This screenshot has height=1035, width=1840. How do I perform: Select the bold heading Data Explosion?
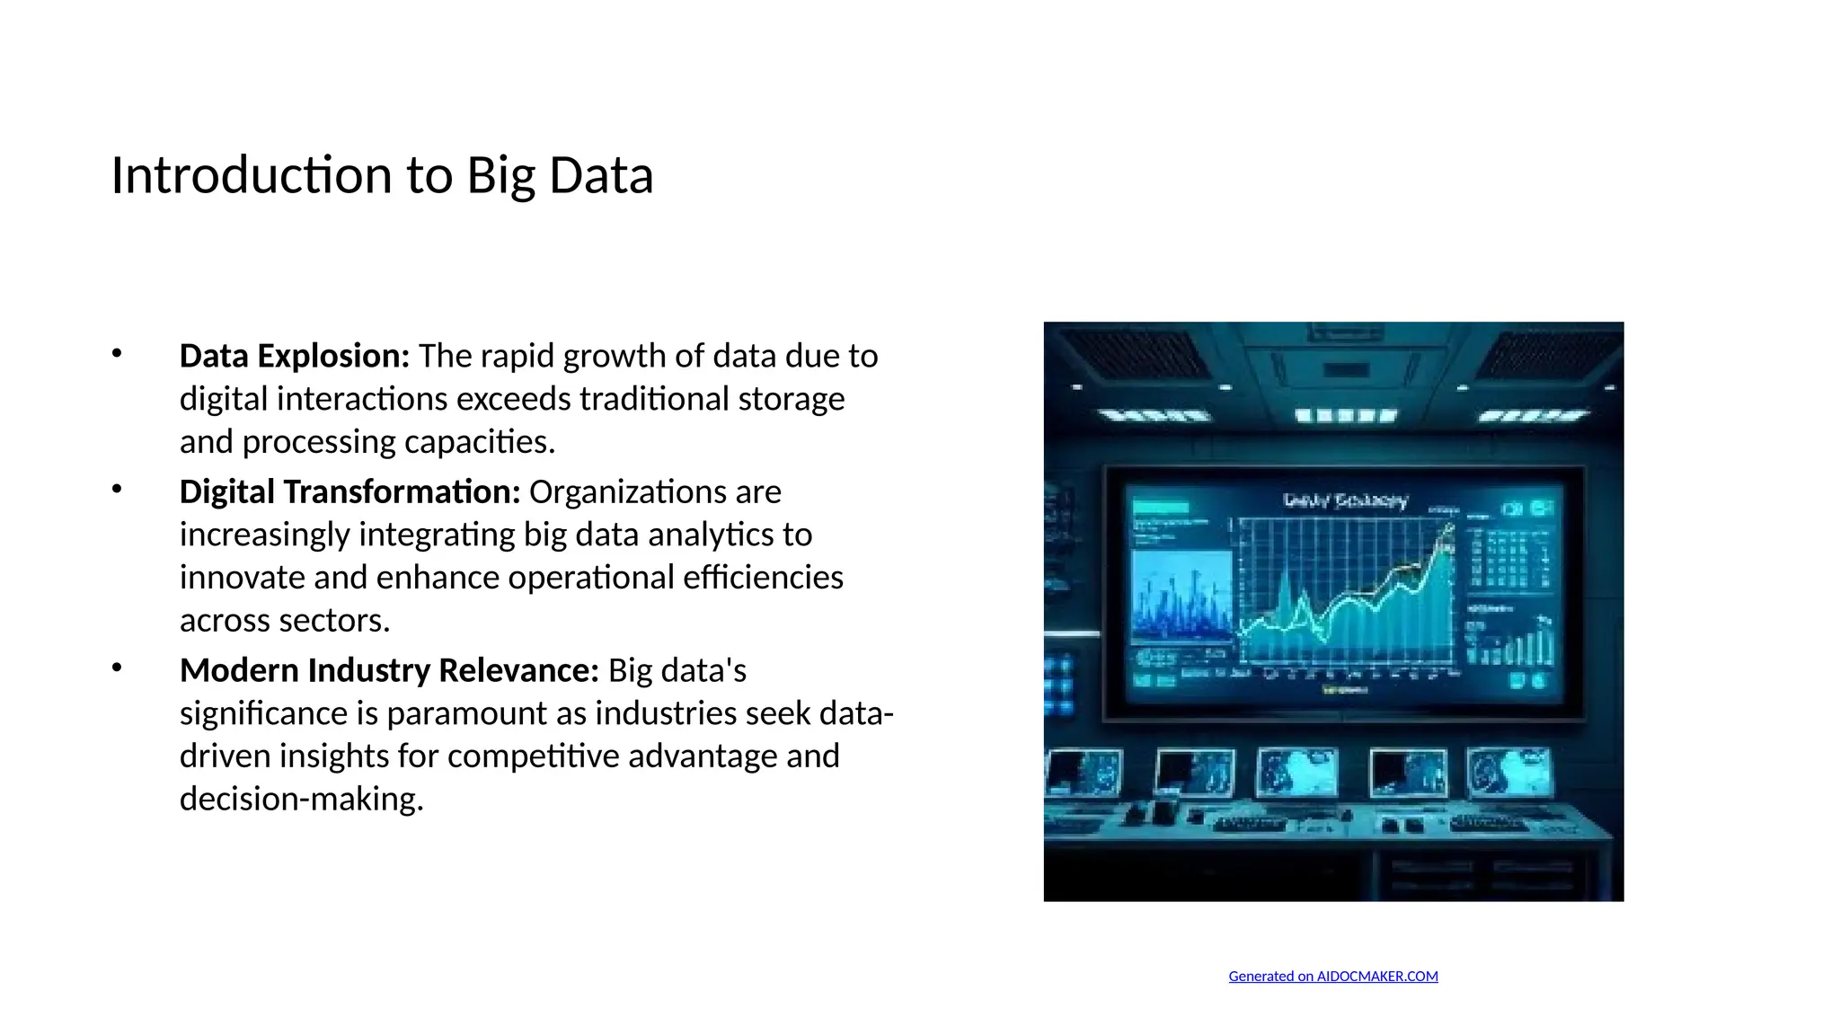coord(294,357)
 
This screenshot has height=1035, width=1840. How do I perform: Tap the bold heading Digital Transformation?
coord(349,492)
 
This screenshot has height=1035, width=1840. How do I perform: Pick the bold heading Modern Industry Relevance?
coord(388,671)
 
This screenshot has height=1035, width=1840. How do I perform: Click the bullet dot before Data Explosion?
coord(117,353)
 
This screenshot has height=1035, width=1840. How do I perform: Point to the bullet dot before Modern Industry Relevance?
coord(117,668)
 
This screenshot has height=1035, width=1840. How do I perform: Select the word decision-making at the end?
coord(300,799)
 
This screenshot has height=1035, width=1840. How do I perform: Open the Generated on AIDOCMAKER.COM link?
coord(1332,977)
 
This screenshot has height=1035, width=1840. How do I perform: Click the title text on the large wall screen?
coord(1344,500)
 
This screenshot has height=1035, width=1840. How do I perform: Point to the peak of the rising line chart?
coord(1447,529)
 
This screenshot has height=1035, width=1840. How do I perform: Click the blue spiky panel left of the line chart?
coord(1181,597)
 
